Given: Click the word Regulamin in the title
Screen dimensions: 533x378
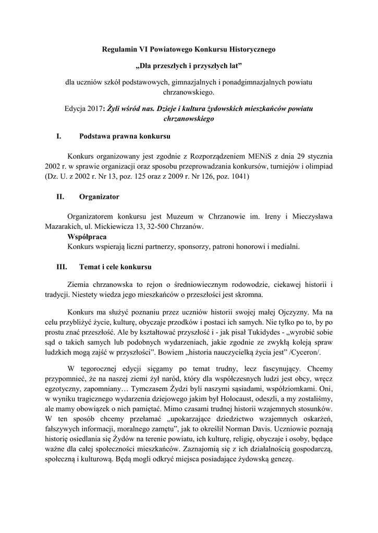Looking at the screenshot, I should click(118, 49).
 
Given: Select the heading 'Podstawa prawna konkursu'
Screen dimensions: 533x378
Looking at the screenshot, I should click(125, 137).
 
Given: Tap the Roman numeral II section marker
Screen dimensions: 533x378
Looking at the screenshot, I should click(60, 197).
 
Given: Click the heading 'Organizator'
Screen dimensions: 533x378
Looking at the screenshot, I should click(99, 197).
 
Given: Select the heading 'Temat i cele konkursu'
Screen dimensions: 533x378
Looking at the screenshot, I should click(115, 267).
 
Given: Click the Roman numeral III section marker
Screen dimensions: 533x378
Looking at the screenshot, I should click(62, 267).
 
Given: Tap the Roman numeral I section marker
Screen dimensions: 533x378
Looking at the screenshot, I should click(58, 137).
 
